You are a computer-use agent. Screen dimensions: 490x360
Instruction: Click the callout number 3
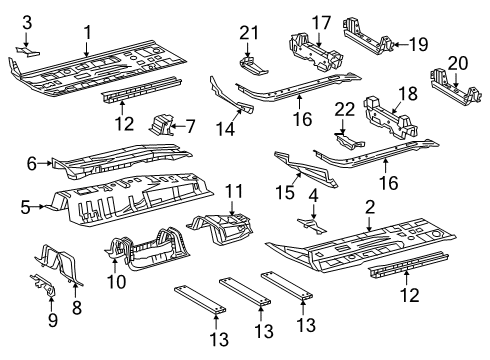[27, 23]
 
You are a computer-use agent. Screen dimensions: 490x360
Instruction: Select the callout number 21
[249, 33]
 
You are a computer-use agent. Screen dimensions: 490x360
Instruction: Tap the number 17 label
[321, 23]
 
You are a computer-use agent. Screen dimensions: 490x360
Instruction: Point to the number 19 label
[418, 44]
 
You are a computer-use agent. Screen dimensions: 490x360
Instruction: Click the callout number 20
[458, 63]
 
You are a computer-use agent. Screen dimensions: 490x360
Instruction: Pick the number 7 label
[190, 126]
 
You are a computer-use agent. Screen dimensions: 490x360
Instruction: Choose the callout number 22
[345, 109]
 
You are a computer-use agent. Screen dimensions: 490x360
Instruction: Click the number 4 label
[313, 195]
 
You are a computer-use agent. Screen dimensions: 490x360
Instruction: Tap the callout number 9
[53, 320]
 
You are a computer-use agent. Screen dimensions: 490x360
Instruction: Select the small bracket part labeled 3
[28, 52]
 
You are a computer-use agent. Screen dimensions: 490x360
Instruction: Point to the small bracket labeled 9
[43, 285]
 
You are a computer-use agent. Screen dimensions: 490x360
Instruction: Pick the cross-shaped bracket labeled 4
[312, 225]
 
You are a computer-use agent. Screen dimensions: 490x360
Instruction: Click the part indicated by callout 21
[253, 66]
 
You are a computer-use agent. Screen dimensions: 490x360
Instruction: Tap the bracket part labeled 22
[349, 141]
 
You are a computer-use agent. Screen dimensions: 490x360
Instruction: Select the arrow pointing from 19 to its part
[400, 44]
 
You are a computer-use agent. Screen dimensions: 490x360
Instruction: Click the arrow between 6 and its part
[45, 163]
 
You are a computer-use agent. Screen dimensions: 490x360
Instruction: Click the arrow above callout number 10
[114, 266]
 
